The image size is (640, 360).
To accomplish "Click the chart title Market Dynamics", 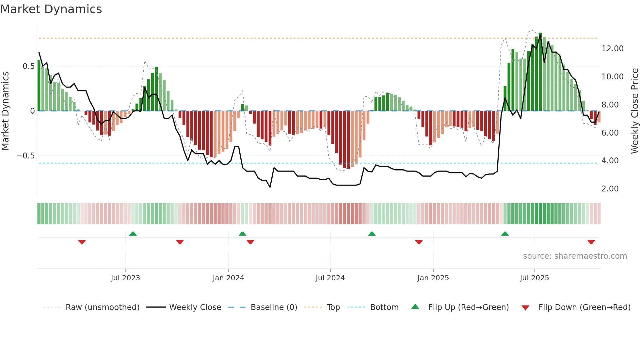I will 51,9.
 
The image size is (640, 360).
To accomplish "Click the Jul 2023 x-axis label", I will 125,278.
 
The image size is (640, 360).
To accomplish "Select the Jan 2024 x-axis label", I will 228,278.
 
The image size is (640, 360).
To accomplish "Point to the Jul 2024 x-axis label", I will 330,278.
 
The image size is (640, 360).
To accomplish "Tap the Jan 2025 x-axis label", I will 433,278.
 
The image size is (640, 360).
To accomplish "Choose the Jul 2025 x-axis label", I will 534,278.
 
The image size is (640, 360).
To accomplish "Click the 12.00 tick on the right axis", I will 612,49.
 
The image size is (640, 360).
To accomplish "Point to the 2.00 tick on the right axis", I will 610,189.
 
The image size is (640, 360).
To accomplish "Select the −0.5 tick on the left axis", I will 26,156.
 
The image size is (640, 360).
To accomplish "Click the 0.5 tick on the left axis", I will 28,66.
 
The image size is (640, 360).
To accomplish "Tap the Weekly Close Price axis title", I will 634,111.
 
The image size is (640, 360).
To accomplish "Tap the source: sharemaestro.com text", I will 575,256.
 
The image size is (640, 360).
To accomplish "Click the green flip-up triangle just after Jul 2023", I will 133,234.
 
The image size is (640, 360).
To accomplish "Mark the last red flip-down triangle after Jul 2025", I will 591,242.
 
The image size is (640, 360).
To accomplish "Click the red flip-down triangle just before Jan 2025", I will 419,242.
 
